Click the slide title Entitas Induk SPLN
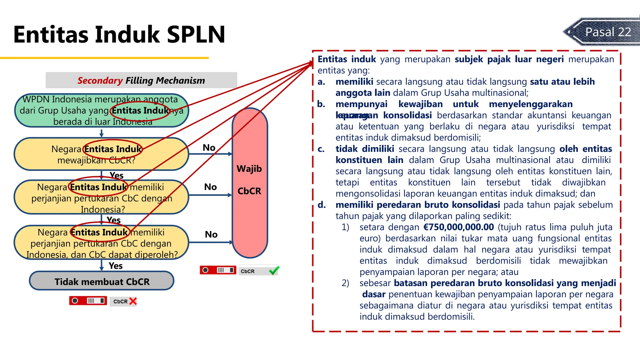pos(119,34)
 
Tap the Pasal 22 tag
pos(607,32)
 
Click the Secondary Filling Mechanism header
pos(141,80)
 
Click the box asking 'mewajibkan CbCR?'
pos(102,154)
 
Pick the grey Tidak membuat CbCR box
pos(102,281)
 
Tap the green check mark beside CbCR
pos(274,270)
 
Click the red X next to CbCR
pos(133,301)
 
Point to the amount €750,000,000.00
pos(458,227)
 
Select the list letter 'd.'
pos(322,205)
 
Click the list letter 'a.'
pos(321,82)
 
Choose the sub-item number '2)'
pos(345,283)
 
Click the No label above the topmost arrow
pos(209,147)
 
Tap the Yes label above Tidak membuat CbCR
pos(116,266)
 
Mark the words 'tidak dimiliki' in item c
pos(364,149)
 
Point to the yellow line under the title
pos(104,58)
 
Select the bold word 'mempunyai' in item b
pos(361,104)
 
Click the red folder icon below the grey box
pos(88,301)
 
